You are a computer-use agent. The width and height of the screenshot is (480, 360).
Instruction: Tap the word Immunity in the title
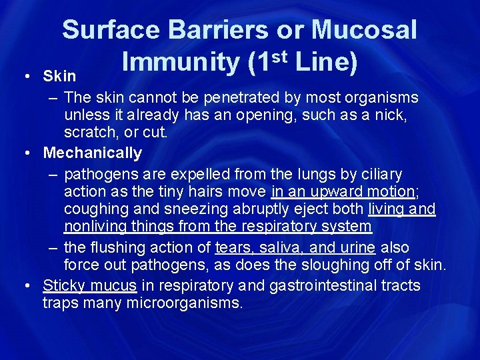point(180,62)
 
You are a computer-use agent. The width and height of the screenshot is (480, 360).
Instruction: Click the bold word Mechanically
point(93,153)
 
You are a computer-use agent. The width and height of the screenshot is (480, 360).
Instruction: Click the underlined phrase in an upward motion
point(343,192)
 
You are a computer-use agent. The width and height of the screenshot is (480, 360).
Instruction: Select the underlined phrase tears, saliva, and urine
point(294,247)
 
